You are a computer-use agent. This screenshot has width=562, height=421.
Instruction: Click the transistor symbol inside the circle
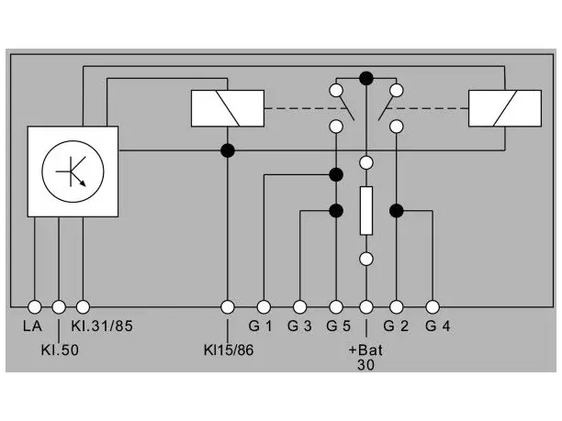click(72, 172)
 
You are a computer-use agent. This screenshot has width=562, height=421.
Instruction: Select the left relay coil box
click(228, 108)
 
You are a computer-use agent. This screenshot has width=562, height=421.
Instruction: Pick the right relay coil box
click(505, 108)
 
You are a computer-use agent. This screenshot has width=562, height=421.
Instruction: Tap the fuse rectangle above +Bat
click(366, 211)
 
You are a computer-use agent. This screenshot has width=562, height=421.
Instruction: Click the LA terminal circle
click(34, 306)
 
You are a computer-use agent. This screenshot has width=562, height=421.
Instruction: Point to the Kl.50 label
click(60, 350)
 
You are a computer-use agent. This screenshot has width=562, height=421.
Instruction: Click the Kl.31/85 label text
click(102, 327)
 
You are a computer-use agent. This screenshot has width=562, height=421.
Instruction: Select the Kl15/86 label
click(229, 350)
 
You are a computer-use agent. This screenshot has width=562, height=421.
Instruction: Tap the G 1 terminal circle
click(264, 306)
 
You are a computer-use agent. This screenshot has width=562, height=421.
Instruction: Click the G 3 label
click(299, 327)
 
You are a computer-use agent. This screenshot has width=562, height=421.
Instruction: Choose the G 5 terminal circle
click(336, 306)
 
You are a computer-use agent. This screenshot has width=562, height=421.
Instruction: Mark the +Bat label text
click(365, 349)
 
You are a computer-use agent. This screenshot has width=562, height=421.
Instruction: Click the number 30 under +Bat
click(365, 365)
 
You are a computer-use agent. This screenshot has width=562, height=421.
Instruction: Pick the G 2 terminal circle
click(396, 306)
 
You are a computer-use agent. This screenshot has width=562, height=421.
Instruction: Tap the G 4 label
click(438, 327)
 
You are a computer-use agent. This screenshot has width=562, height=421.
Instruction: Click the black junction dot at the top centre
click(366, 78)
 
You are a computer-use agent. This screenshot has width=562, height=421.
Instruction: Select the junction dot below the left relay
click(228, 150)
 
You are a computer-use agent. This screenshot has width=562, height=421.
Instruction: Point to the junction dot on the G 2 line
click(396, 211)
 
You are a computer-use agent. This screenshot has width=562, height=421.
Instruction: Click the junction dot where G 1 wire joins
click(336, 174)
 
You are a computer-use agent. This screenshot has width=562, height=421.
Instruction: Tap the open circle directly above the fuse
click(366, 162)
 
